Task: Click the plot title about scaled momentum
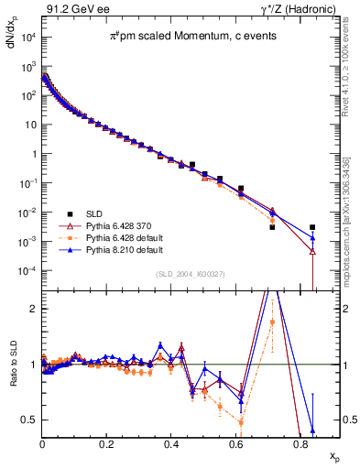point(188,36)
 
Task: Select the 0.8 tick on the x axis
point(300,444)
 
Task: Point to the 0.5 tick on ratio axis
point(29,420)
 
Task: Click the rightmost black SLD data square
point(312,227)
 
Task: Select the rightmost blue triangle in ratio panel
point(312,431)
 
